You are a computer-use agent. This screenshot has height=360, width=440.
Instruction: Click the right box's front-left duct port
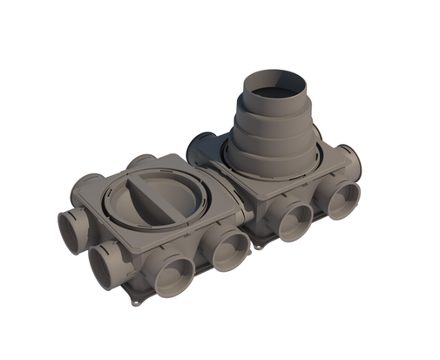[x=294, y=219]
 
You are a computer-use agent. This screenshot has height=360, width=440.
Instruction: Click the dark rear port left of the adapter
[x=203, y=143]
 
